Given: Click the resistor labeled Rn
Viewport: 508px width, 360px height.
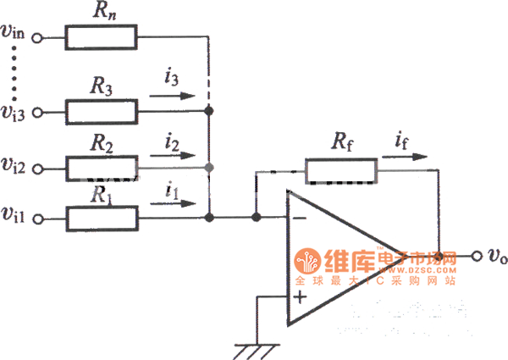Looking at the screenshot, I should click(101, 37).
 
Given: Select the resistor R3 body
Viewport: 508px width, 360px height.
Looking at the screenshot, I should click(101, 110).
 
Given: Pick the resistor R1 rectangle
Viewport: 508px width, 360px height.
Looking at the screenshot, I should click(101, 218).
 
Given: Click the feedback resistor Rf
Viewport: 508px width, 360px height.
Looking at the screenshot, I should click(341, 171).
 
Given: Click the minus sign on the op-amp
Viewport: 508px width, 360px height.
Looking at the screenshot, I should click(298, 219).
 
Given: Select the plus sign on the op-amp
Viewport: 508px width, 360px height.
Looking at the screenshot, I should click(298, 296).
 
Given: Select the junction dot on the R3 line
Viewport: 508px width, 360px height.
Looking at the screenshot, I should click(210, 111).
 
